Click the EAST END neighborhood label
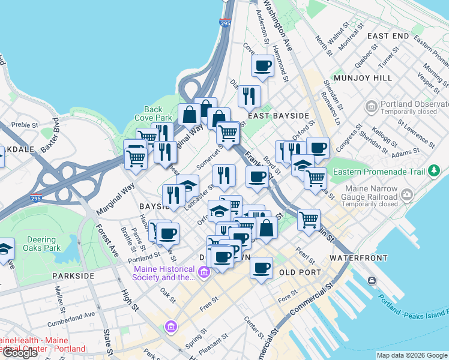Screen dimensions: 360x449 click(388, 36)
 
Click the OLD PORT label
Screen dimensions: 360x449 click(298, 272)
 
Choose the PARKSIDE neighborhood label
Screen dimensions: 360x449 click(73, 275)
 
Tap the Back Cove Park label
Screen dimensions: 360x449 click(153, 113)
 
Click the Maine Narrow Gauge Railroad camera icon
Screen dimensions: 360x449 click(408, 194)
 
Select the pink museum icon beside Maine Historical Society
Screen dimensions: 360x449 click(203, 273)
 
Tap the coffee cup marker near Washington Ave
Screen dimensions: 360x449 click(262, 65)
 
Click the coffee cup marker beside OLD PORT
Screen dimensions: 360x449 click(261, 268)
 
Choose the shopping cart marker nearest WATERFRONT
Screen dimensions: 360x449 click(309, 219)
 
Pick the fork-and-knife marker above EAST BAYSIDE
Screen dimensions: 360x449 click(249, 95)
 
